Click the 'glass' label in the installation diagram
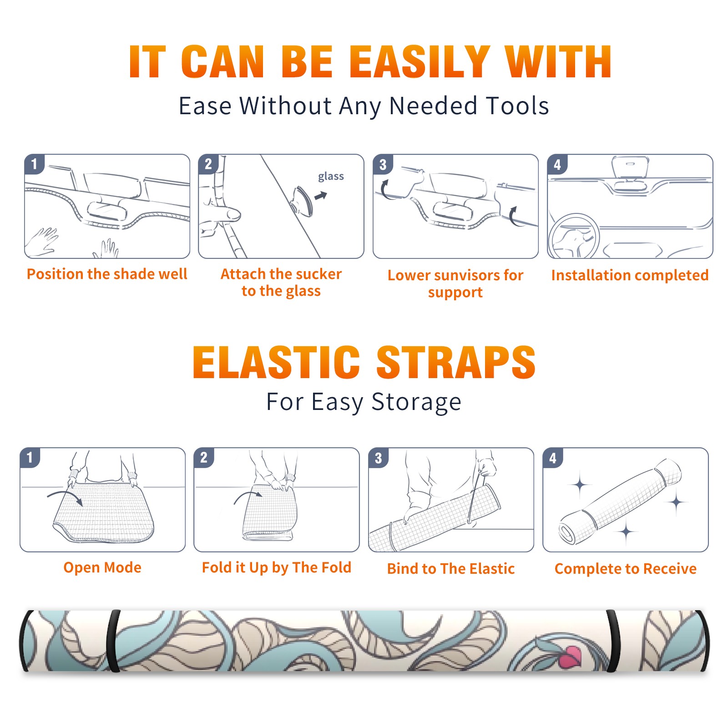(x=331, y=177)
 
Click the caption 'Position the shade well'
(x=107, y=274)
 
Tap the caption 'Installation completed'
(x=630, y=275)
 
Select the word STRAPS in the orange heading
(x=456, y=362)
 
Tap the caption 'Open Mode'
(x=102, y=567)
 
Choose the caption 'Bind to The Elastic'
(x=451, y=569)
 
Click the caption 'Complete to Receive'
(x=626, y=569)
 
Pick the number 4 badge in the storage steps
(x=553, y=458)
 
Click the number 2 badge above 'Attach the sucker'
(x=208, y=164)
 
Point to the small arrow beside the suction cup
(x=321, y=196)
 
